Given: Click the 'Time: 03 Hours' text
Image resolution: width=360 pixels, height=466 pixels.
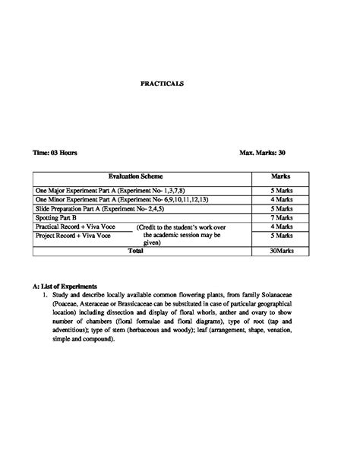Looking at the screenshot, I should coord(55,153).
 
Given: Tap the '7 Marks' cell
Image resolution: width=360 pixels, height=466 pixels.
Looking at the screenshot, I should coord(282,217).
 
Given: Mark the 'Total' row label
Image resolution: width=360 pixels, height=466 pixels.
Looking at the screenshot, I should coord(135,249).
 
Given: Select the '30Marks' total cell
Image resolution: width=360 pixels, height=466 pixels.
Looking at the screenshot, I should coord(282,249).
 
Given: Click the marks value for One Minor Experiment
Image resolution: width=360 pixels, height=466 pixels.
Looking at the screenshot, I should coord(282,199).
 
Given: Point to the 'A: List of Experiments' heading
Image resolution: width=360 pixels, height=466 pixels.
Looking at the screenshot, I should coord(65,287).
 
